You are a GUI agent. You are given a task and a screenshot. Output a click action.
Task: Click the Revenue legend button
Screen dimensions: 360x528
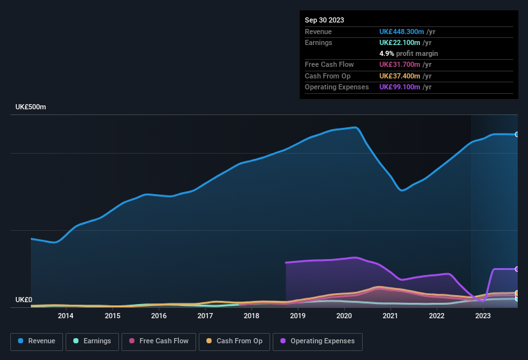[x=37, y=341]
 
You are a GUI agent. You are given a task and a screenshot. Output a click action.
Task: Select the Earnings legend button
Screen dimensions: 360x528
[x=92, y=341]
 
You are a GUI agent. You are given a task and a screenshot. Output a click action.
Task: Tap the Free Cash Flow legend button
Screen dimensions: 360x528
[x=159, y=341]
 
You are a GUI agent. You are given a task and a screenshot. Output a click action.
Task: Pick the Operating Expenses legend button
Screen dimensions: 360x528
[x=318, y=341]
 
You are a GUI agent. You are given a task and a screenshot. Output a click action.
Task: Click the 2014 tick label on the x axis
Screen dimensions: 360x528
[x=66, y=316]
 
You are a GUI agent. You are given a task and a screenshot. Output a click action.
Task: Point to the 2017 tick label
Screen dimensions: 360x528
[x=205, y=316]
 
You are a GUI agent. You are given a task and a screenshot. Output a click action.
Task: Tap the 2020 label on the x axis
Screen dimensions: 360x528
[x=344, y=316]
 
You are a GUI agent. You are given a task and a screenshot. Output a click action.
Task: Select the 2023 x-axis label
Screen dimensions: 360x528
[x=483, y=316]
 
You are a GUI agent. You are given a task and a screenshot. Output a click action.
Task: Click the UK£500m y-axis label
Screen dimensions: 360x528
[x=31, y=107]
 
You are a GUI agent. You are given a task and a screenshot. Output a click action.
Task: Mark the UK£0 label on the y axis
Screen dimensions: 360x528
[x=24, y=300]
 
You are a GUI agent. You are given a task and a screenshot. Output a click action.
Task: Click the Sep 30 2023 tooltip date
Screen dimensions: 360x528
[x=324, y=20]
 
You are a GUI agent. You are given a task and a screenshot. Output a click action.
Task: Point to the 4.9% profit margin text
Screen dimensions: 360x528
[x=408, y=53]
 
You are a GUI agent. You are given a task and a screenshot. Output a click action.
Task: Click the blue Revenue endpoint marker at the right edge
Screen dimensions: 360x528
[x=516, y=134]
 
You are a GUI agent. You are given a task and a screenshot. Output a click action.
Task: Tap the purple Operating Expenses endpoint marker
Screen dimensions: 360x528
[x=516, y=269]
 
